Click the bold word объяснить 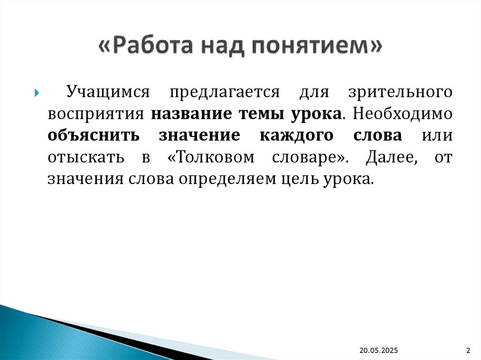point(93,136)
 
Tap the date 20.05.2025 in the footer point(379,350)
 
